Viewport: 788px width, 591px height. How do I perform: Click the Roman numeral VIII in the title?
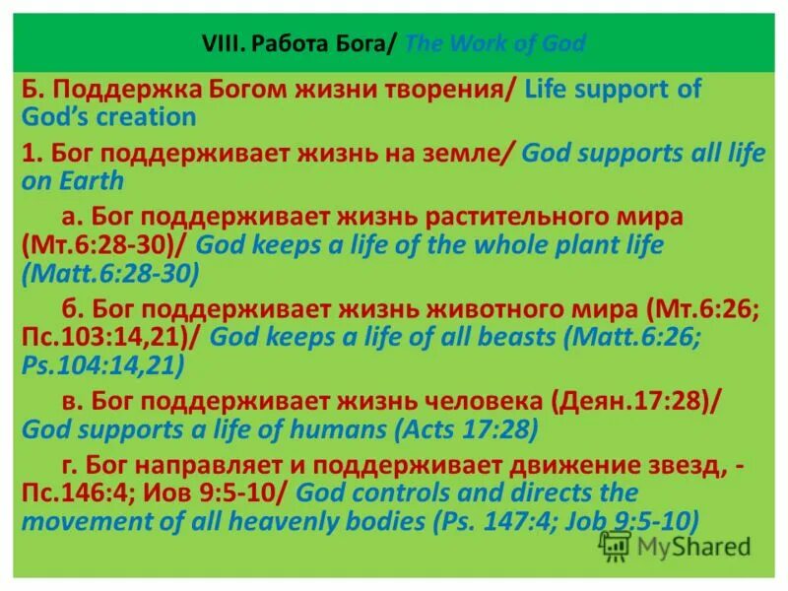[222, 44]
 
